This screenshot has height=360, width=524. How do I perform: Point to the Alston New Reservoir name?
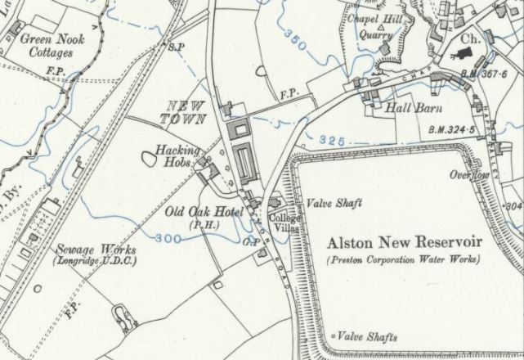pos(405,242)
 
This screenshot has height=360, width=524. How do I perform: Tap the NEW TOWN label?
pos(184,111)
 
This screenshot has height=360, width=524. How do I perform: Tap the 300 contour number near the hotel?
pos(167,238)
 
